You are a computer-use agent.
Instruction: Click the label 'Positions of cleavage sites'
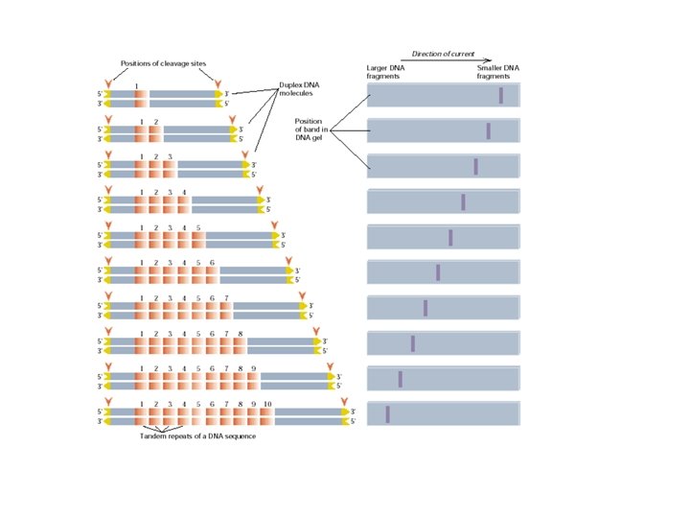click(164, 64)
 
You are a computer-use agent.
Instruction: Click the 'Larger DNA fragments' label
click(385, 73)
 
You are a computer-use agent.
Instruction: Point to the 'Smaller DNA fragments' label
click(497, 73)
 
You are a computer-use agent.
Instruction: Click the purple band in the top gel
click(501, 96)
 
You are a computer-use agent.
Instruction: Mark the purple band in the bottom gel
click(388, 413)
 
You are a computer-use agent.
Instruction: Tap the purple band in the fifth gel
click(450, 238)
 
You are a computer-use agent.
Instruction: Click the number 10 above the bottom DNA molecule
click(267, 404)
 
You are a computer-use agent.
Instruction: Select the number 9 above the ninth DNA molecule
click(253, 368)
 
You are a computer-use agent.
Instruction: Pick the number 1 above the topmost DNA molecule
click(141, 85)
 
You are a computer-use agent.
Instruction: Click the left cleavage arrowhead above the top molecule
click(108, 82)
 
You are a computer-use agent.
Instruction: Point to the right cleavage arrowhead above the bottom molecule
click(344, 401)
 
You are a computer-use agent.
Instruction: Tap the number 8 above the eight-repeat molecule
click(240, 333)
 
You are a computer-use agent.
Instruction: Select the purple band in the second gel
click(489, 131)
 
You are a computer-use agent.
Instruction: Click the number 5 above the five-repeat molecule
click(197, 227)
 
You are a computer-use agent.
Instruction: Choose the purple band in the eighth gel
click(413, 343)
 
